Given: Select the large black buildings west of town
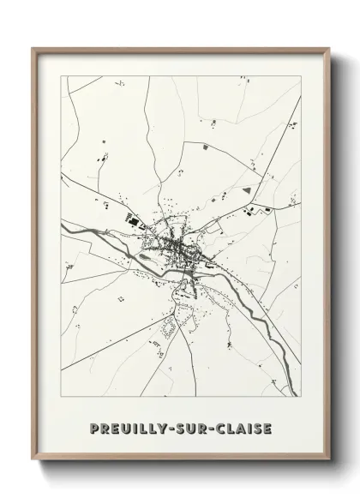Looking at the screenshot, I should pos(132,219).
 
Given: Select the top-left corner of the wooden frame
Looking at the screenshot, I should pos(33,49).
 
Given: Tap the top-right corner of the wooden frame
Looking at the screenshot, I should pos(330,49).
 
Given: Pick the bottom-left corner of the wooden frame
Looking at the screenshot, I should pos(33,461).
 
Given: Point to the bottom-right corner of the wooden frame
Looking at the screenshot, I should pos(330,461).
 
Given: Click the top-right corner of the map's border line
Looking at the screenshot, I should pos(301,76).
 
